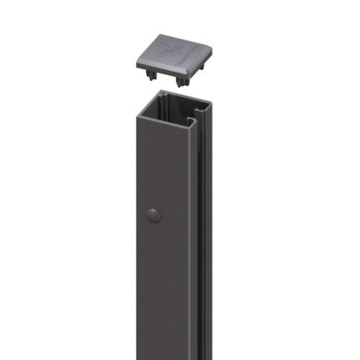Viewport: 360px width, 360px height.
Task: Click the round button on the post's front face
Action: coord(152,214)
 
